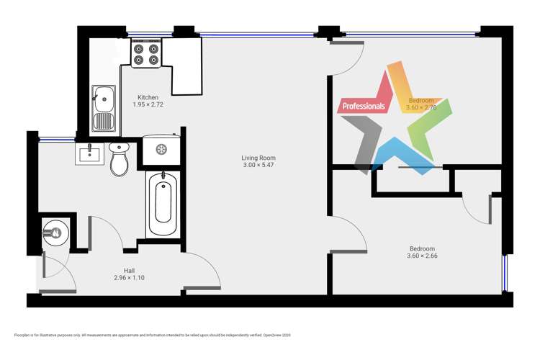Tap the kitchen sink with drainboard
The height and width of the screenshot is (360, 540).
104,108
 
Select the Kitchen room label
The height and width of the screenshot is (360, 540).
148,97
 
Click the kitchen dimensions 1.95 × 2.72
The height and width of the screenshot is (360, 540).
148,105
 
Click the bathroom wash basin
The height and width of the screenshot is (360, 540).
89,153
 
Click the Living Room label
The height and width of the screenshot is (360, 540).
258,158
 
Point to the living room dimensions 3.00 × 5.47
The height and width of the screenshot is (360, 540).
258,166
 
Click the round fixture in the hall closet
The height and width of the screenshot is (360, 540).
56,231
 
